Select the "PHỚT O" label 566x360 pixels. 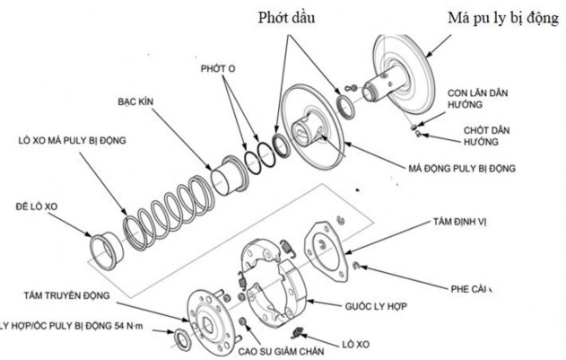[219, 69]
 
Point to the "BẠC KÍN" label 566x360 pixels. [135, 101]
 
